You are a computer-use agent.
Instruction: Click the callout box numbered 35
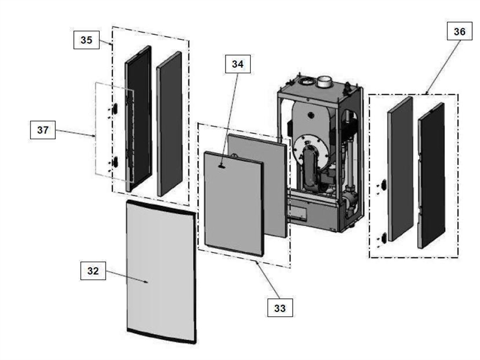point(87,40)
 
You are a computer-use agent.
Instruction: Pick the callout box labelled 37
point(43,131)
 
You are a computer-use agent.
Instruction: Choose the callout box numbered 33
point(279,308)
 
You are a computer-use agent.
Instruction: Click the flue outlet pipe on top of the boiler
point(328,82)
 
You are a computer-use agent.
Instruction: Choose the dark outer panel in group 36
point(431,174)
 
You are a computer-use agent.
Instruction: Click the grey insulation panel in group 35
point(169,123)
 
